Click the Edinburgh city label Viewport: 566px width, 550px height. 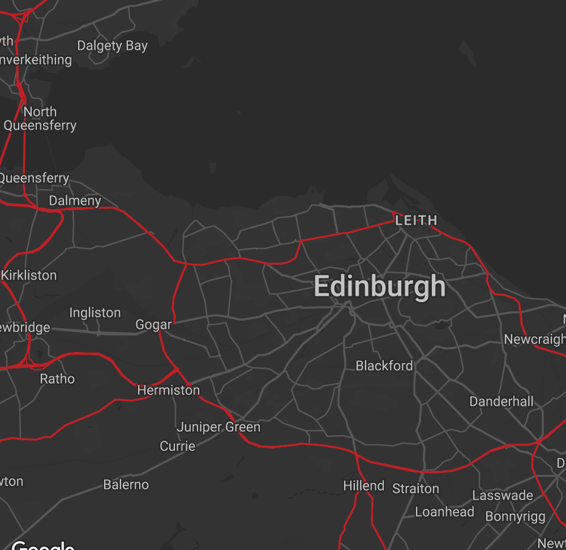pyautogui.click(x=380, y=286)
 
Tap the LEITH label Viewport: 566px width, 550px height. pyautogui.click(x=416, y=220)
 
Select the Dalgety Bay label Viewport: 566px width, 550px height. pyautogui.click(x=112, y=46)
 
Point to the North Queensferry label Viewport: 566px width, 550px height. pyautogui.click(x=40, y=118)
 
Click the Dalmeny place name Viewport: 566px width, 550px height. pyautogui.click(x=75, y=201)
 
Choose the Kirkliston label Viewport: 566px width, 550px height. pyautogui.click(x=29, y=276)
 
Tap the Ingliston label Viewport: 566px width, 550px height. pyautogui.click(x=95, y=313)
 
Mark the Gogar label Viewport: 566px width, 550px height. pyautogui.click(x=153, y=325)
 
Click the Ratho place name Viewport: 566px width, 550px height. pyautogui.click(x=57, y=379)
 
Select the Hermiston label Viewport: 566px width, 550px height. pyautogui.click(x=169, y=390)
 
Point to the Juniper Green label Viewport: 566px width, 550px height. pyautogui.click(x=218, y=427)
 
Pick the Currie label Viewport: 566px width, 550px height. pyautogui.click(x=178, y=446)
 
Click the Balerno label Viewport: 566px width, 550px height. pyautogui.click(x=126, y=485)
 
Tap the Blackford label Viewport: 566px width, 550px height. pyautogui.click(x=384, y=366)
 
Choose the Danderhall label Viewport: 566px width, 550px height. pyautogui.click(x=501, y=402)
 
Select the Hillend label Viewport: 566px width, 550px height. pyautogui.click(x=364, y=486)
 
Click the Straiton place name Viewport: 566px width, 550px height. pyautogui.click(x=415, y=488)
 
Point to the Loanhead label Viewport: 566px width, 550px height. pyautogui.click(x=445, y=512)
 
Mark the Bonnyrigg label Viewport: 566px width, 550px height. pyautogui.click(x=516, y=517)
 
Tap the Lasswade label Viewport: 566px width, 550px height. pyautogui.click(x=503, y=496)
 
